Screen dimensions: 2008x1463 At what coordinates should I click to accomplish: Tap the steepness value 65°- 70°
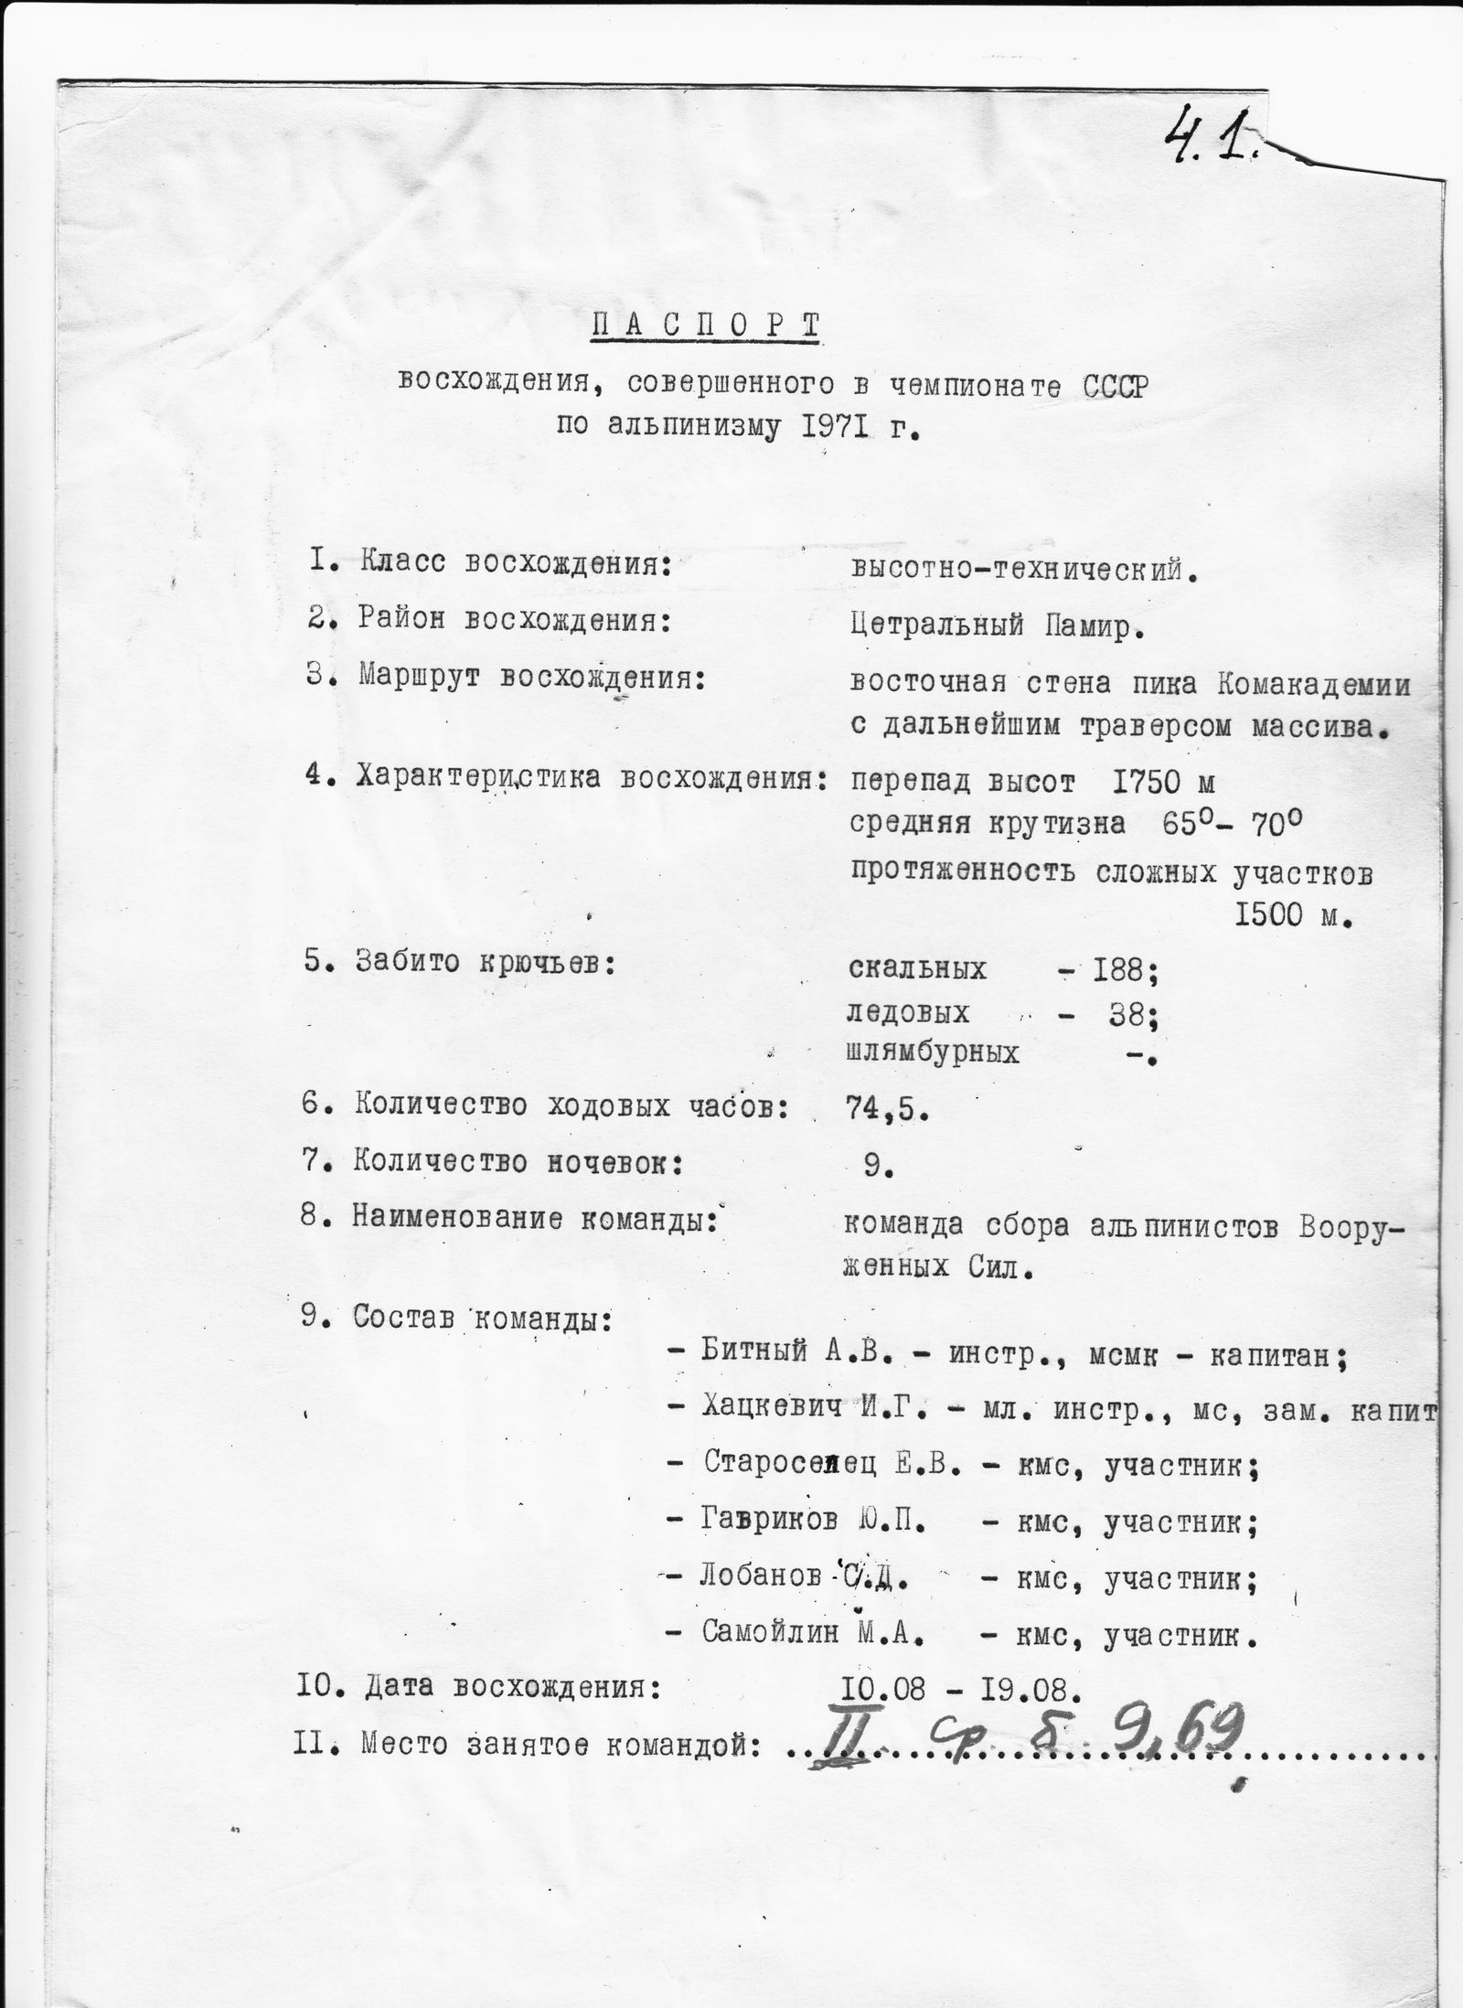pyautogui.click(x=1229, y=826)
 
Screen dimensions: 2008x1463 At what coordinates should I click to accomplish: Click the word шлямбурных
pyautogui.click(x=934, y=1053)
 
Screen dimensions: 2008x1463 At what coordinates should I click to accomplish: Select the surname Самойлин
pyautogui.click(x=770, y=1634)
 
